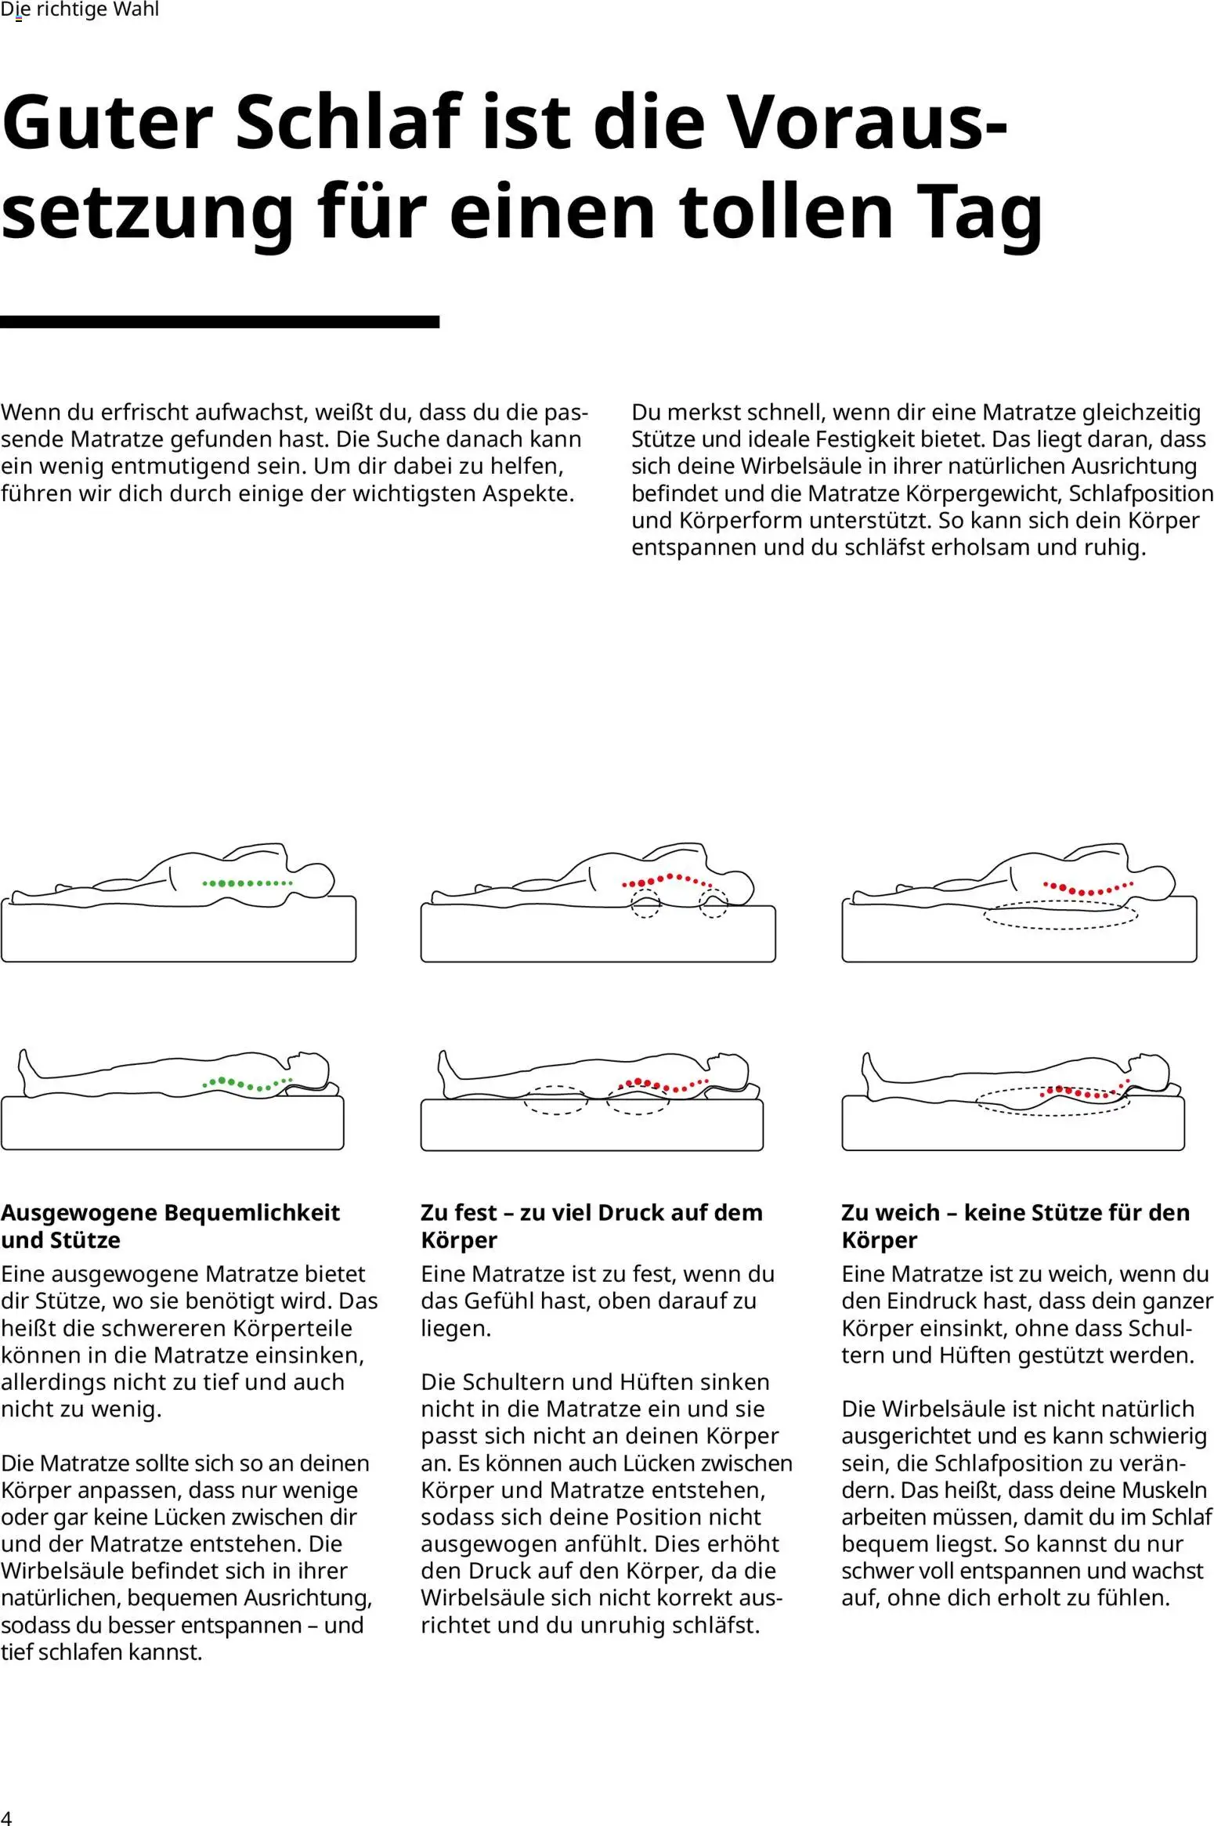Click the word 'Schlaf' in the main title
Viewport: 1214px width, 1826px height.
click(x=348, y=122)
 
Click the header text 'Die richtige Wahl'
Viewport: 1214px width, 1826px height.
click(x=80, y=9)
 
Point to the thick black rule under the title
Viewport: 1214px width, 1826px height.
click(x=219, y=322)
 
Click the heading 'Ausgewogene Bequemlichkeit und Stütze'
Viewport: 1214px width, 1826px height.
click(x=170, y=1226)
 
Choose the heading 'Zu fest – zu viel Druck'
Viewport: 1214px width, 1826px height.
click(x=591, y=1226)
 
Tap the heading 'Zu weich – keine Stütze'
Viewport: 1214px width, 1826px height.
click(x=1016, y=1226)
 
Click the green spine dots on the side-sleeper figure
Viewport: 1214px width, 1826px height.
click(x=247, y=883)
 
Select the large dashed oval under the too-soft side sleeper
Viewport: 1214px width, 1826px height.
click(x=1061, y=915)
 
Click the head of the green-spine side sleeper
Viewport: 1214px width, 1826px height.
click(x=313, y=880)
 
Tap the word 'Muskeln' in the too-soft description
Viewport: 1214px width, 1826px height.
click(x=1162, y=1489)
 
